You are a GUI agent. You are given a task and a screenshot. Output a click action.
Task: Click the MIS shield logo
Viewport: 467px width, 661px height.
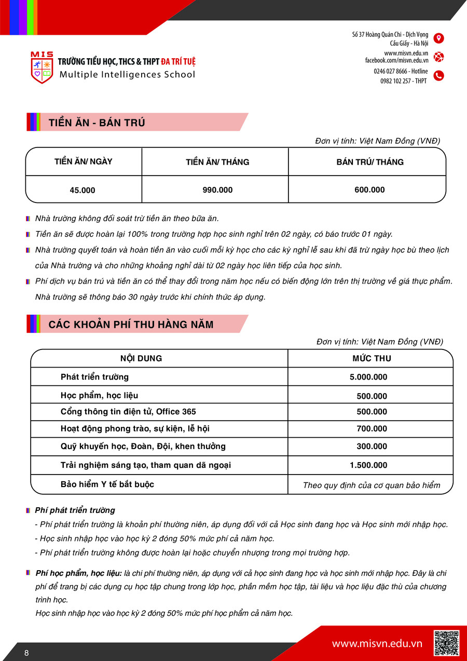(42, 68)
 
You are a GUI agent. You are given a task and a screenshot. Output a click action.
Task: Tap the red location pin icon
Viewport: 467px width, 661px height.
(438, 38)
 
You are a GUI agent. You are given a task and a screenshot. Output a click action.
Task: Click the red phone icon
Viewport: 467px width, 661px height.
(438, 76)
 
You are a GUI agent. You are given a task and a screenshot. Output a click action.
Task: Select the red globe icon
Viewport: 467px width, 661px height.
(438, 57)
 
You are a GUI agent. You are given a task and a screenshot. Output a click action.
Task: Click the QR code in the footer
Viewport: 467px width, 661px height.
(446, 643)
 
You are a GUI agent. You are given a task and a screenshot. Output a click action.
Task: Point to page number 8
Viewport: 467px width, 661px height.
(26, 653)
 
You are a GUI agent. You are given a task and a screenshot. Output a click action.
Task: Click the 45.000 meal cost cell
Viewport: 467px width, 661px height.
(83, 190)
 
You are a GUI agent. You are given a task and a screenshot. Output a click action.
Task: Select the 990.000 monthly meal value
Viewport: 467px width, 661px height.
(217, 190)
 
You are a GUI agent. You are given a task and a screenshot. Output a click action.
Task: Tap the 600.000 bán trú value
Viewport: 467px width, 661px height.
(369, 190)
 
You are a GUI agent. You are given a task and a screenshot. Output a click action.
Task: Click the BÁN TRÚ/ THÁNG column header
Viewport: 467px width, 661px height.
(369, 162)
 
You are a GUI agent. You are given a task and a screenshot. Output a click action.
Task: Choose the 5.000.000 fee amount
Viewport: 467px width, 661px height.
(368, 377)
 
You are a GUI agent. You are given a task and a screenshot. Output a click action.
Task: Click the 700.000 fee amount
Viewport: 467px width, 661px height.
(372, 429)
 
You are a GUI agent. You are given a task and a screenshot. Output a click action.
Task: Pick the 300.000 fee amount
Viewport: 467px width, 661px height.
(372, 447)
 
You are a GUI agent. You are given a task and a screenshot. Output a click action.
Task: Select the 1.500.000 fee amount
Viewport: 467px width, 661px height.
(368, 465)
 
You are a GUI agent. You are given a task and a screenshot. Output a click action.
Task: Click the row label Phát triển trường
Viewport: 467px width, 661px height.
(94, 377)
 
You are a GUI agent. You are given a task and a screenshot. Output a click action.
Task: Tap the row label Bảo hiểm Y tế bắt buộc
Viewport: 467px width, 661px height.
(107, 484)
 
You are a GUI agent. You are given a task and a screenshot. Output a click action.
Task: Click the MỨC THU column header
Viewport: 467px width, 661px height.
(372, 358)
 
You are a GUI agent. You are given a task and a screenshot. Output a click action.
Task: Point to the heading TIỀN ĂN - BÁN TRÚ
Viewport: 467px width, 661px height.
(97, 123)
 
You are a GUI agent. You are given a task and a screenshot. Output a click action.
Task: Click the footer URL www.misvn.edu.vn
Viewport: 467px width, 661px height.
(377, 644)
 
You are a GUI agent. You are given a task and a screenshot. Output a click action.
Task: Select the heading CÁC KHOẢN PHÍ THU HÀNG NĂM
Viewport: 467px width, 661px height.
(131, 325)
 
